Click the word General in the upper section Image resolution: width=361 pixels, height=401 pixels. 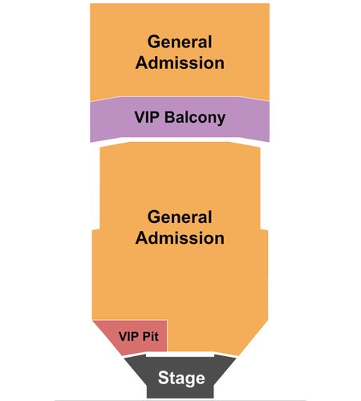(180, 42)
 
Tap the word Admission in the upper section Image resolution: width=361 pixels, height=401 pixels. (180, 63)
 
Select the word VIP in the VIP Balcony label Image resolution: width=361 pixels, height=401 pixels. (147, 117)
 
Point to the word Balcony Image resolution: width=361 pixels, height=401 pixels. (195, 118)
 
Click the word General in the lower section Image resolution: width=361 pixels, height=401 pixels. (180, 217)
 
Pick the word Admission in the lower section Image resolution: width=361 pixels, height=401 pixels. (180, 237)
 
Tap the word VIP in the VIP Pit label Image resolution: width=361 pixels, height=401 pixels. (128, 336)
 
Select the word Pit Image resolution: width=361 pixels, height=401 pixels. (151, 336)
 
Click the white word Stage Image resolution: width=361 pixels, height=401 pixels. (181, 379)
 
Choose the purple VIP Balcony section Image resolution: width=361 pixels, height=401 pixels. (180, 119)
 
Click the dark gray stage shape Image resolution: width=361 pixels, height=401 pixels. (180, 376)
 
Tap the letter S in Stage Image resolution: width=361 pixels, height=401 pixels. (164, 378)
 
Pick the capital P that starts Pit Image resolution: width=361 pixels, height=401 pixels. (146, 336)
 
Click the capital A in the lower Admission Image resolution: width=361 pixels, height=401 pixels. (143, 237)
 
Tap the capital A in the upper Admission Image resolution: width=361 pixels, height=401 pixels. (143, 63)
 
